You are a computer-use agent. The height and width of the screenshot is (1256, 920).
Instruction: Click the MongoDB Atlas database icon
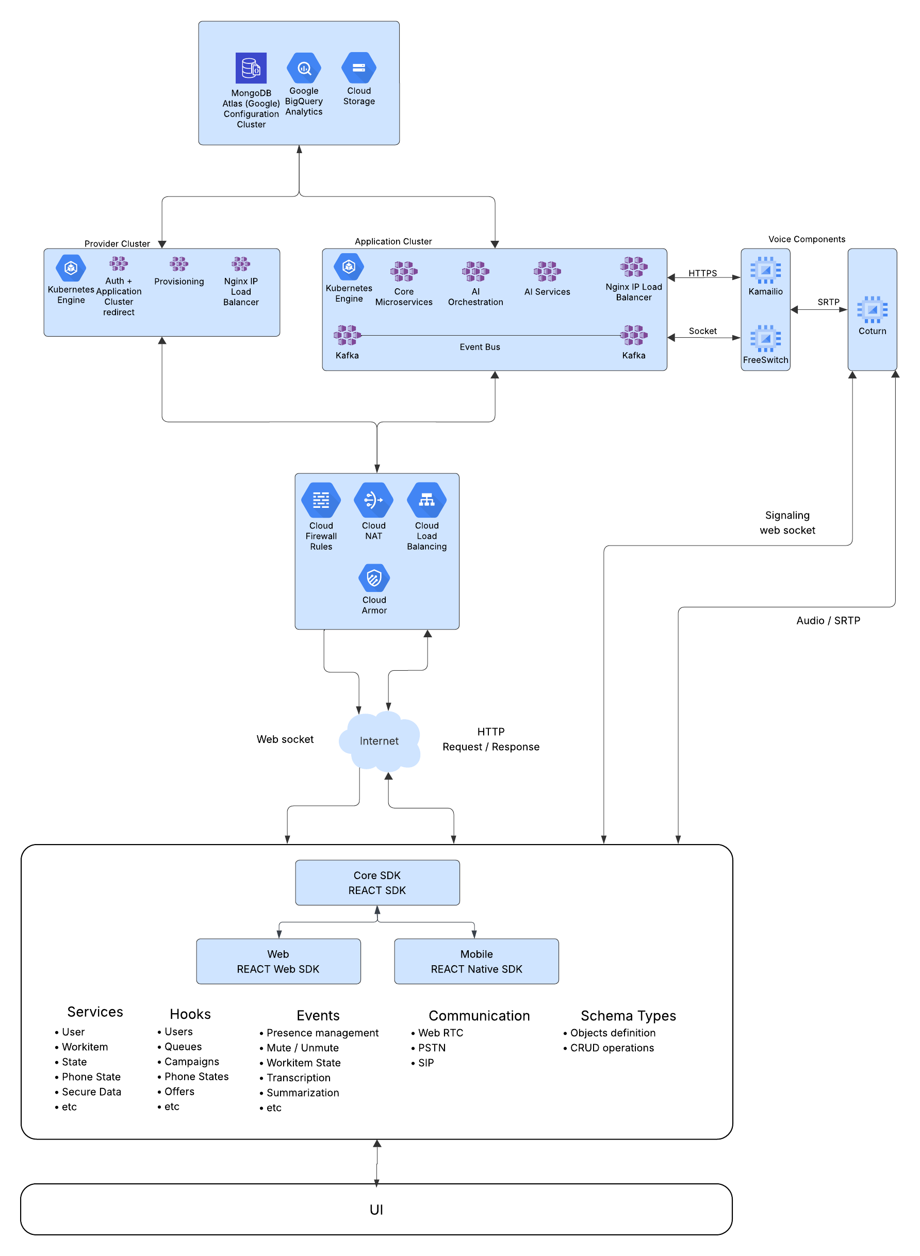pyautogui.click(x=251, y=68)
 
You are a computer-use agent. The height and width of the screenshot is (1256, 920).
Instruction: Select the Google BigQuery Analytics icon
pyautogui.click(x=304, y=68)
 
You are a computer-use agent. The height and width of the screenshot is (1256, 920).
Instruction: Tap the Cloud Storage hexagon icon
pyautogui.click(x=358, y=68)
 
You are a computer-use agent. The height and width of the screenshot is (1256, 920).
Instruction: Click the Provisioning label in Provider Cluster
pyautogui.click(x=179, y=281)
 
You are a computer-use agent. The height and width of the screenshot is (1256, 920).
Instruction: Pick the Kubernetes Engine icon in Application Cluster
pyautogui.click(x=349, y=267)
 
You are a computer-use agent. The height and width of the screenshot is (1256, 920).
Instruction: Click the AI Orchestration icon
pyautogui.click(x=475, y=271)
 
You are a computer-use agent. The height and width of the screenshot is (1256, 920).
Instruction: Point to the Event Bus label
pyautogui.click(x=480, y=347)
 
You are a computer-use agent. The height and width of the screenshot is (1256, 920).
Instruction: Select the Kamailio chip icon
pyautogui.click(x=765, y=270)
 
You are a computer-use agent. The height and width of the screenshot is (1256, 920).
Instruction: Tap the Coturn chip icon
pyautogui.click(x=872, y=309)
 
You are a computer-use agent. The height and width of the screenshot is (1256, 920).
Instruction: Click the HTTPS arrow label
pyautogui.click(x=702, y=273)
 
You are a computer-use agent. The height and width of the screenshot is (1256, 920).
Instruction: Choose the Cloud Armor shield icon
pyautogui.click(x=374, y=578)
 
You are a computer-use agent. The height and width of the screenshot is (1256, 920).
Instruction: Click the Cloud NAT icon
pyautogui.click(x=373, y=500)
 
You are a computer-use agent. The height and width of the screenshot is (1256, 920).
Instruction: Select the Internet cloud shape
pyautogui.click(x=379, y=740)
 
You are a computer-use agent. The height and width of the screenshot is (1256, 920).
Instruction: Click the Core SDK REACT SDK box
pyautogui.click(x=377, y=882)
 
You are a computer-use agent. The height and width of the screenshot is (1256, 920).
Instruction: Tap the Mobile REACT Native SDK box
pyautogui.click(x=476, y=961)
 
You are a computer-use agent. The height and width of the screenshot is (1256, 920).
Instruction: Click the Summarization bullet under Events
pyautogui.click(x=302, y=1093)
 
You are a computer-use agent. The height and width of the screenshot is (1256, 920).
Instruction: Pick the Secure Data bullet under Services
pyautogui.click(x=91, y=1091)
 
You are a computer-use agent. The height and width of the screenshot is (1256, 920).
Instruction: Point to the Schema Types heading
pyautogui.click(x=628, y=1016)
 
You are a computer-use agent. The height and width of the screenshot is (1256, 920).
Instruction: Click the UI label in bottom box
pyautogui.click(x=376, y=1209)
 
